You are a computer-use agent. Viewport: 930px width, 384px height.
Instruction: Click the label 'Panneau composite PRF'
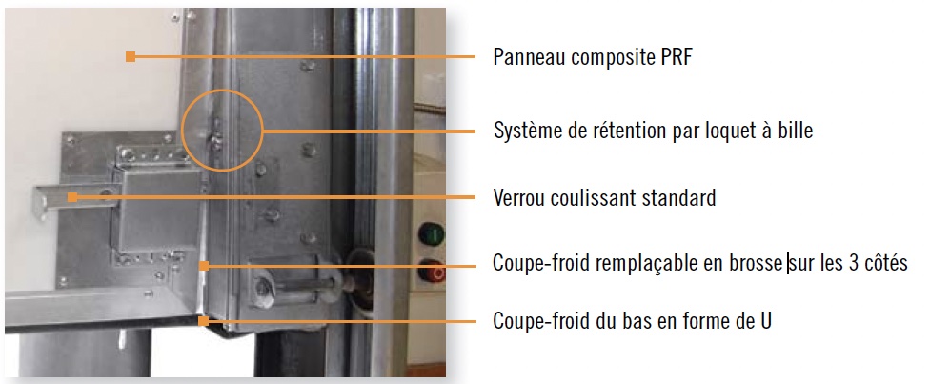593,57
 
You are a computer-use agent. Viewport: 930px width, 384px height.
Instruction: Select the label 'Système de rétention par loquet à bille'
653,131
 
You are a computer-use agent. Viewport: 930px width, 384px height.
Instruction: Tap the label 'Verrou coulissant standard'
604,197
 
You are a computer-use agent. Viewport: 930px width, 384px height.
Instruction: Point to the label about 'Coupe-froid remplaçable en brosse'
699,262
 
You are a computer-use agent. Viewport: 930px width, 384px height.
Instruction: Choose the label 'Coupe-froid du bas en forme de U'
633,321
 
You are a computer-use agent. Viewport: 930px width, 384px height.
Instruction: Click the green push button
432,233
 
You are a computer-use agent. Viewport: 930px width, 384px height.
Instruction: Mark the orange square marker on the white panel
131,57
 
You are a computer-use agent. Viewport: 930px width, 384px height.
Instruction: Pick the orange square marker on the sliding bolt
72,197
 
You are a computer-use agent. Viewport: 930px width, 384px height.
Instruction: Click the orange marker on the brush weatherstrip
204,266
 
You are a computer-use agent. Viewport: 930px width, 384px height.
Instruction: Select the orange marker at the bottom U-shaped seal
204,321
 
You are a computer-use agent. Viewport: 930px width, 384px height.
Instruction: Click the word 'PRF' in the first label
674,57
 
